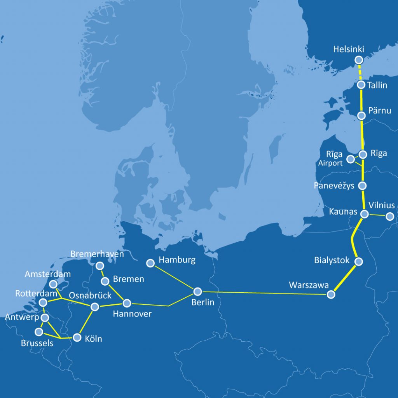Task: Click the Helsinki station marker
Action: [359, 60]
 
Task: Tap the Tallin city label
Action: [377, 85]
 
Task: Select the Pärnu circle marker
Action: [361, 115]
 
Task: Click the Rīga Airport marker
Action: [351, 159]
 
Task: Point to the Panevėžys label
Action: [334, 186]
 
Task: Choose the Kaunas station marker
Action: [365, 214]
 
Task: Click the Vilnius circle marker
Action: [389, 216]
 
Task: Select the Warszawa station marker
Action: [331, 295]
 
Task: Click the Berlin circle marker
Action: [197, 291]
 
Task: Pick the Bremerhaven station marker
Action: [100, 266]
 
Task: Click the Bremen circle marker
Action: [105, 281]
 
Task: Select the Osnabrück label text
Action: [90, 296]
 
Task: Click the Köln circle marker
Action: [77, 337]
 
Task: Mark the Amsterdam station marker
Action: [54, 284]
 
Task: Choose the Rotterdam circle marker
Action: [44, 302]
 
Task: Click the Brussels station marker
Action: [39, 332]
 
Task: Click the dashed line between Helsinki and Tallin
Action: [360, 72]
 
